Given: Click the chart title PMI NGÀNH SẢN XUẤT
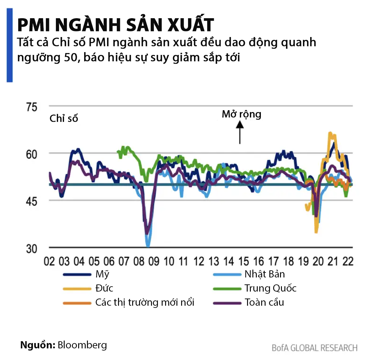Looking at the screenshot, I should pos(116,25).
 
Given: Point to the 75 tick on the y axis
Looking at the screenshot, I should pos(32,107).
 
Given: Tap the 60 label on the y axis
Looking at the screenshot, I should pos(32,154).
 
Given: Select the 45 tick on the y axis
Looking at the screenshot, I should pos(32,201).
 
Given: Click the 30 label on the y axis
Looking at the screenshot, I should pos(32,249).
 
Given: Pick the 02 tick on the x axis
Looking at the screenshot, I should pos(49,261).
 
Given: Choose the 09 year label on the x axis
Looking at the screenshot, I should pos(154,261).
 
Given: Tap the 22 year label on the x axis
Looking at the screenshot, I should pos(348,261).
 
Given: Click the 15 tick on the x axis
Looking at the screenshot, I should pos(244,261).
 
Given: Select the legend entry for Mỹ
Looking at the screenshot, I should pos(102,274).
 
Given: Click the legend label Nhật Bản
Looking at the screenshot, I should pos(265,274).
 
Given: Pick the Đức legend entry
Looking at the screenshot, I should pos(104,288).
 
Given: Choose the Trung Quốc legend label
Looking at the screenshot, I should pos(270,288).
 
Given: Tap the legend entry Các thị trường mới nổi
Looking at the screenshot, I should pos(145,302).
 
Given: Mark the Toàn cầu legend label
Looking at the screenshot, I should pos(264,302).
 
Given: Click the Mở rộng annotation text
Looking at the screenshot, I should pos(241,114).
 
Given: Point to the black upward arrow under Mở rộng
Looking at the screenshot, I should pos(240,132).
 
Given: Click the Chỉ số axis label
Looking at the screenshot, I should pos(64,118).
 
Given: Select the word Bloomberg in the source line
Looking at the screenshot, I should pos(82,345).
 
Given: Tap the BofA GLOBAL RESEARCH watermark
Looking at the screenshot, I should pos(315,348).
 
